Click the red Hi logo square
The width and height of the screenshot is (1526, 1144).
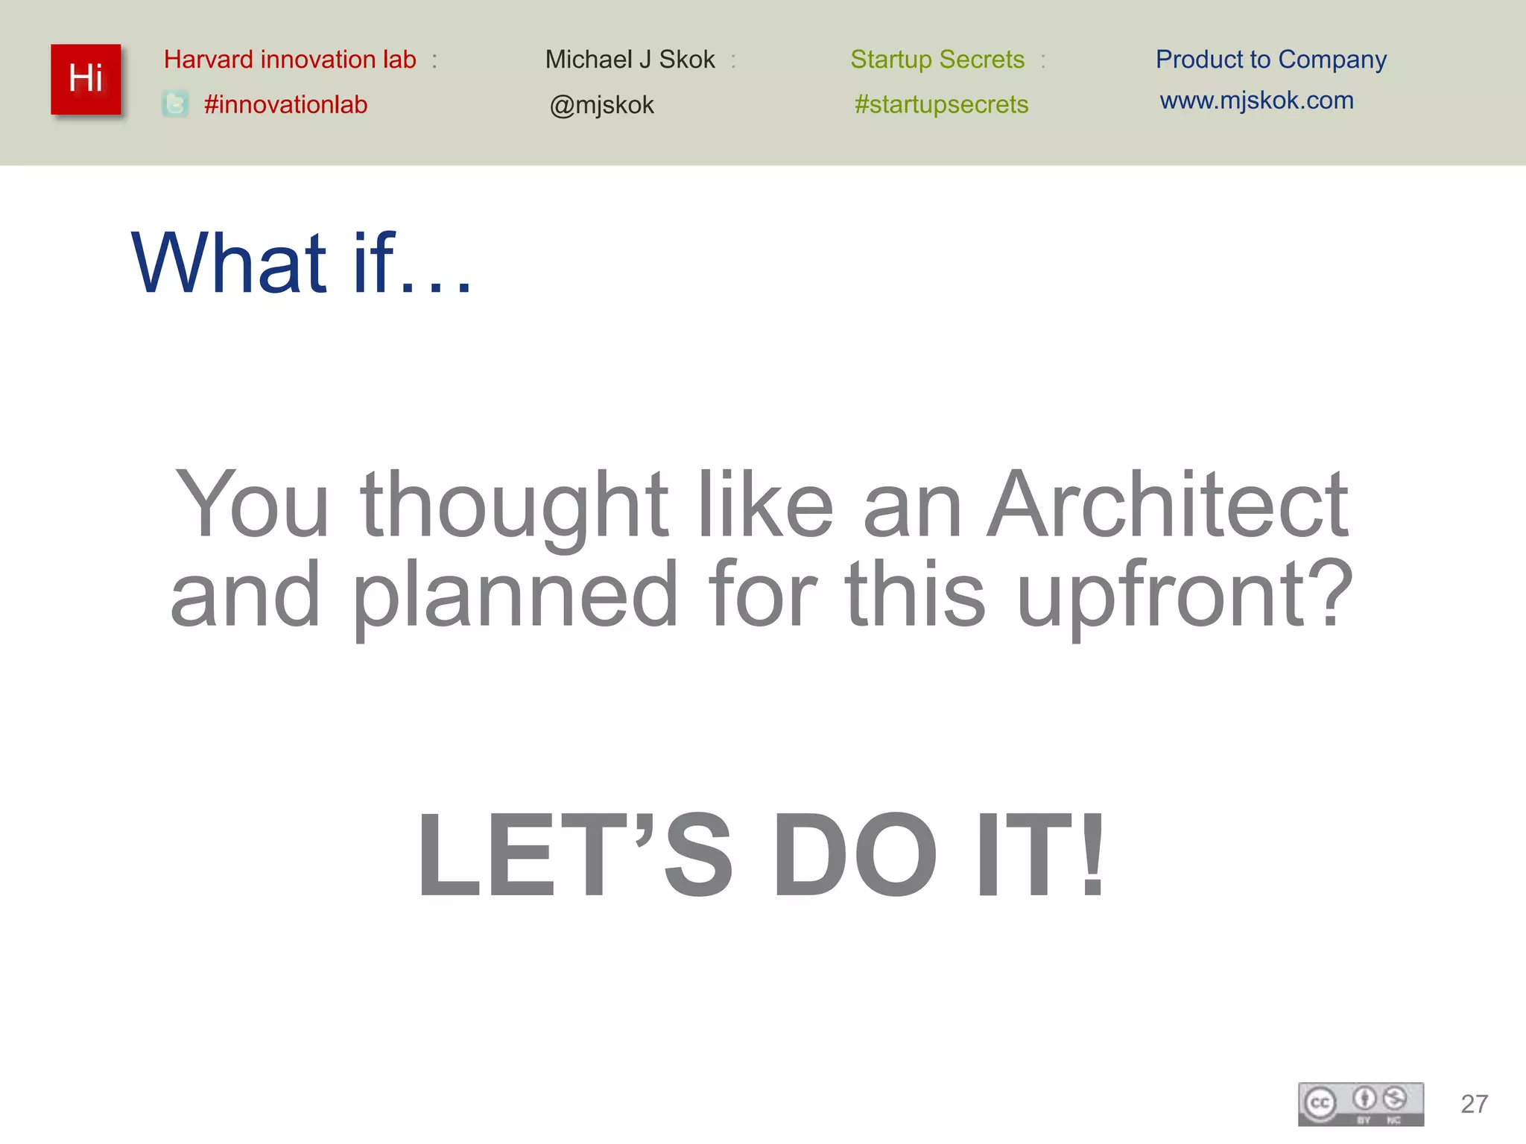pos(86,79)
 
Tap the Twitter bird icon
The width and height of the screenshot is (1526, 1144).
pos(175,104)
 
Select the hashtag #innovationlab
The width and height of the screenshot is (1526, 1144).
pos(285,104)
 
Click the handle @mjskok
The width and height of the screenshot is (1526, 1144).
pos(601,105)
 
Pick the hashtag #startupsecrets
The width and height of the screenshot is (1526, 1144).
pos(941,104)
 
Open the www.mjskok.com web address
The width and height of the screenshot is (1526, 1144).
pos(1256,100)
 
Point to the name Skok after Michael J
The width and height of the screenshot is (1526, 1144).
pos(687,60)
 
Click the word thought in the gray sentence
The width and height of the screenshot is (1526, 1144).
pos(514,506)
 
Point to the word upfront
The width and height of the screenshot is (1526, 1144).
pos(1184,596)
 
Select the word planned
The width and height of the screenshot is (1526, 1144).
pos(515,596)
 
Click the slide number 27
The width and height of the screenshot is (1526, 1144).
pos(1474,1104)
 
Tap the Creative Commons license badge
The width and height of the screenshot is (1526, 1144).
pos(1361,1104)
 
